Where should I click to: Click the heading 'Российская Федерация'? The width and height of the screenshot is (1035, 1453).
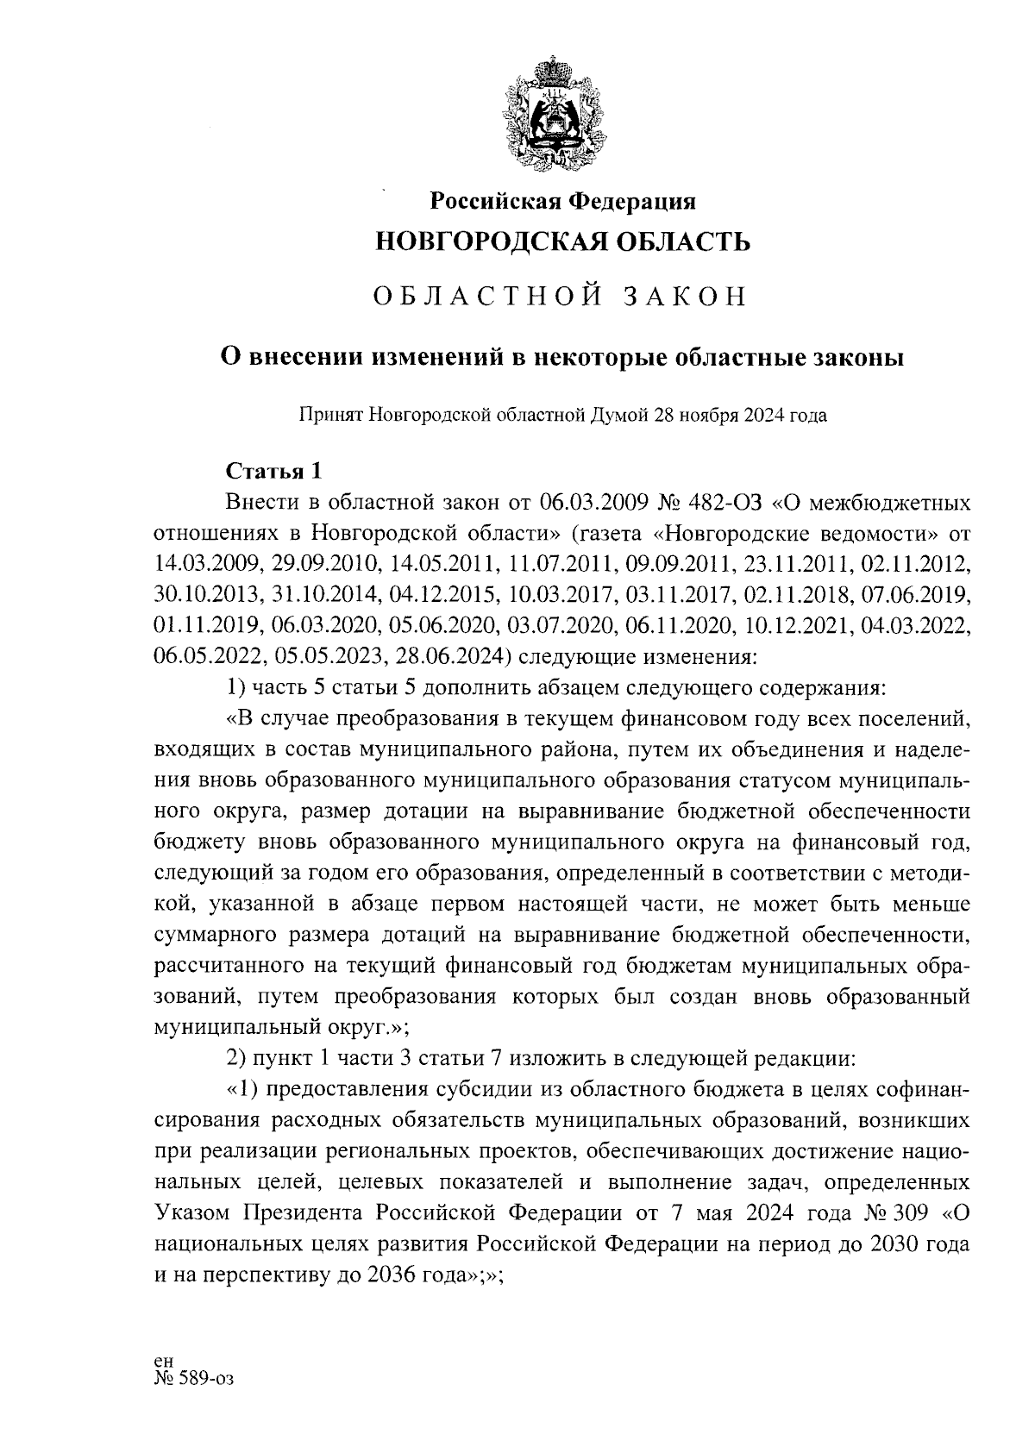pos(563,201)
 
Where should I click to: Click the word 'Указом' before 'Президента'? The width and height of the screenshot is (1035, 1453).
pos(195,1212)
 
